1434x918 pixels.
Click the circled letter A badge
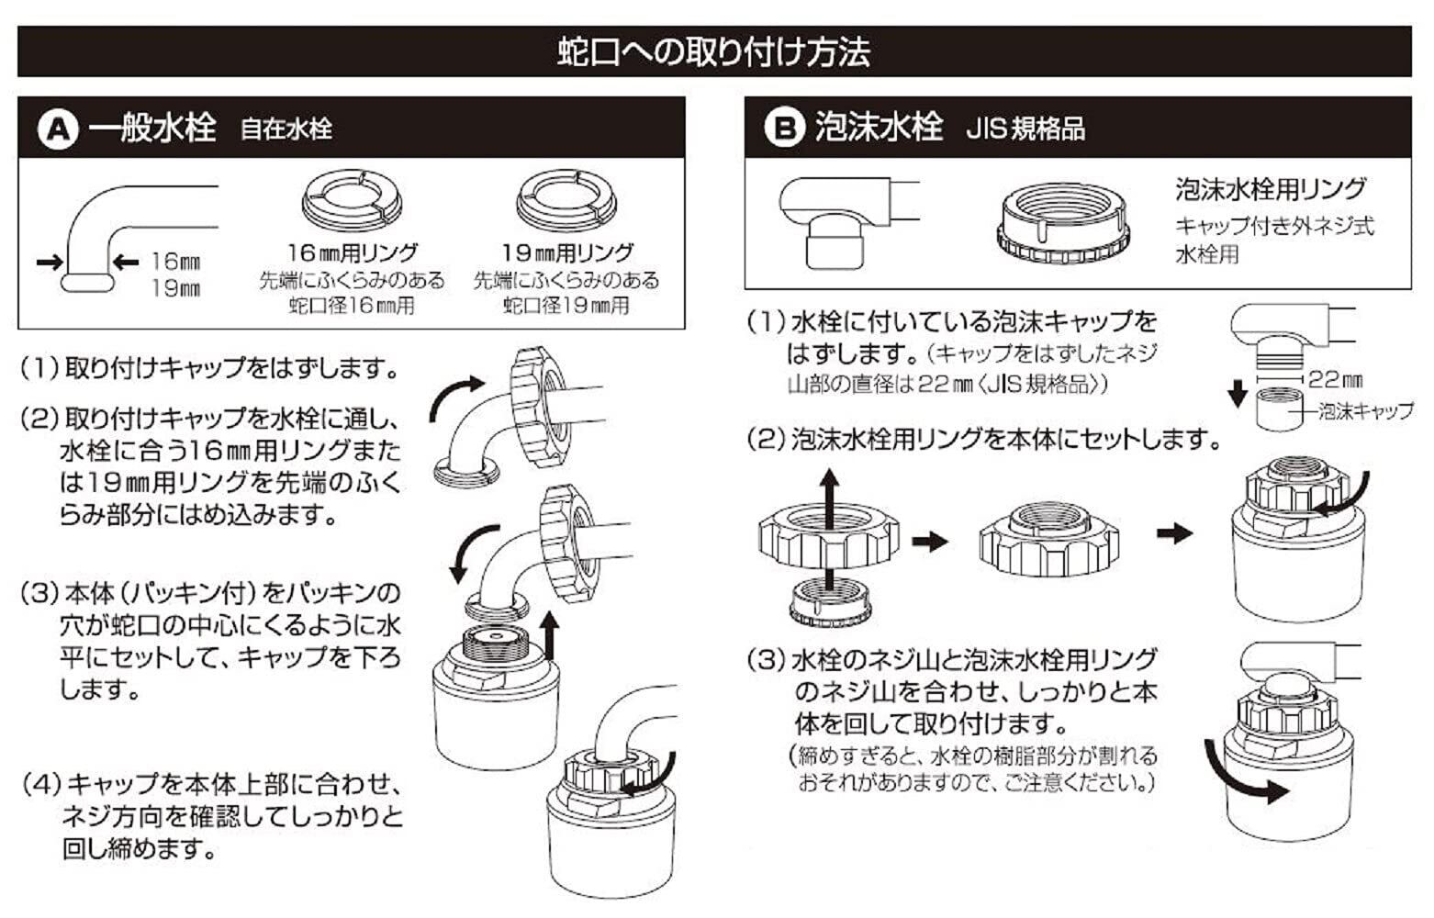[58, 130]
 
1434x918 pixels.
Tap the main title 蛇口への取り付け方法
[714, 51]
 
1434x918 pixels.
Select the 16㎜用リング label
[353, 252]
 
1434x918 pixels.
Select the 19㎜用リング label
[567, 252]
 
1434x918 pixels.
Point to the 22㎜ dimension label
[1336, 380]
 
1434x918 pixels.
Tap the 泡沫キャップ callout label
[1366, 411]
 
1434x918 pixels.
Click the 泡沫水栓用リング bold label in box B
[1271, 189]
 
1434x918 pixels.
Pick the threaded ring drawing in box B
[1063, 223]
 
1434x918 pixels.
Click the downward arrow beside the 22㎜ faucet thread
[1238, 394]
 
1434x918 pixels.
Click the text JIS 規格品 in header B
[1026, 129]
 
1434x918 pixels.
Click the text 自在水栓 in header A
[286, 129]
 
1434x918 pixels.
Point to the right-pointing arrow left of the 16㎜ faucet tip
[50, 262]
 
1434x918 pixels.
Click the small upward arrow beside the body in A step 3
[549, 636]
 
